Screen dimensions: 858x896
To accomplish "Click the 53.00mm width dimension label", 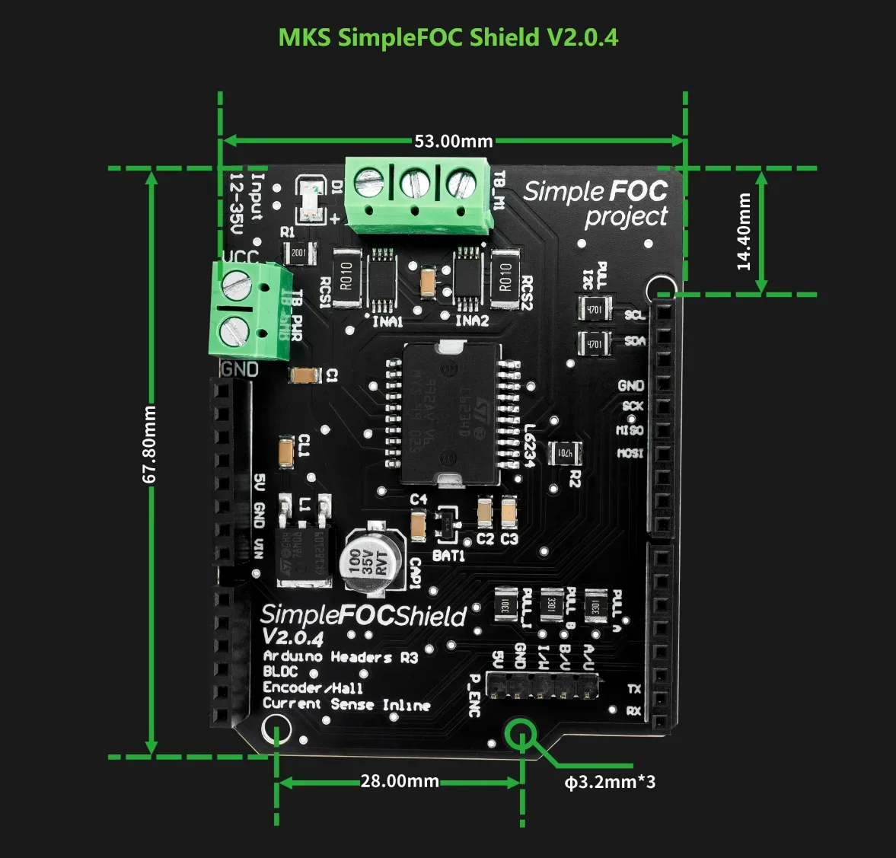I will (453, 141).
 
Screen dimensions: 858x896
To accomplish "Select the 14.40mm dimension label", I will (744, 231).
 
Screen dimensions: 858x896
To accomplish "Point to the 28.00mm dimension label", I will (400, 781).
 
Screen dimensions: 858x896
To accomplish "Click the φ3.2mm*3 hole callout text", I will (610, 781).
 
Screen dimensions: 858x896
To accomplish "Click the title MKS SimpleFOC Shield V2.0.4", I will (448, 37).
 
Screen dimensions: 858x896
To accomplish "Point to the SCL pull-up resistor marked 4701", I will (595, 310).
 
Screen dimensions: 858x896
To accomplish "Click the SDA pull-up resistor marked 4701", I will (595, 344).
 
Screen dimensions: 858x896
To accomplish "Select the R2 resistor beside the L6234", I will (566, 453).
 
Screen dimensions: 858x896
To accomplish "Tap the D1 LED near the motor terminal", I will (311, 200).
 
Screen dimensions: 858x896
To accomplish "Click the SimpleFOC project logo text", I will (596, 203).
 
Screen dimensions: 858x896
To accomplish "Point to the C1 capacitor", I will (305, 375).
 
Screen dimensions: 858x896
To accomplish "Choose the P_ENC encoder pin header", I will (542, 684).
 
